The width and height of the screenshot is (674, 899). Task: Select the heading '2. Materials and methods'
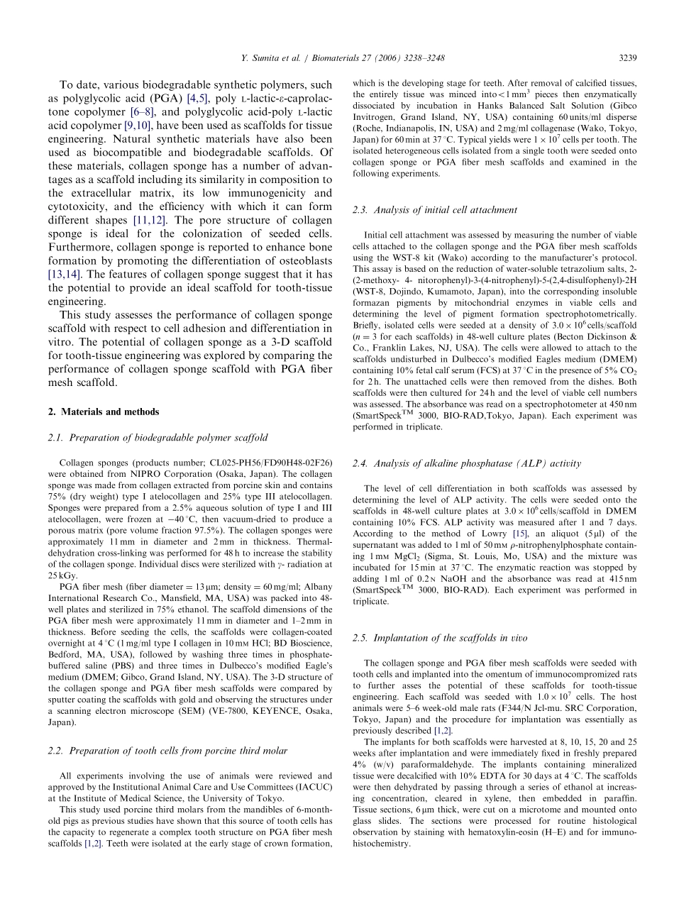pyautogui.click(x=104, y=412)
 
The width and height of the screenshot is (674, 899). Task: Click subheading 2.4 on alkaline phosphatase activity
pyautogui.click(x=466, y=463)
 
